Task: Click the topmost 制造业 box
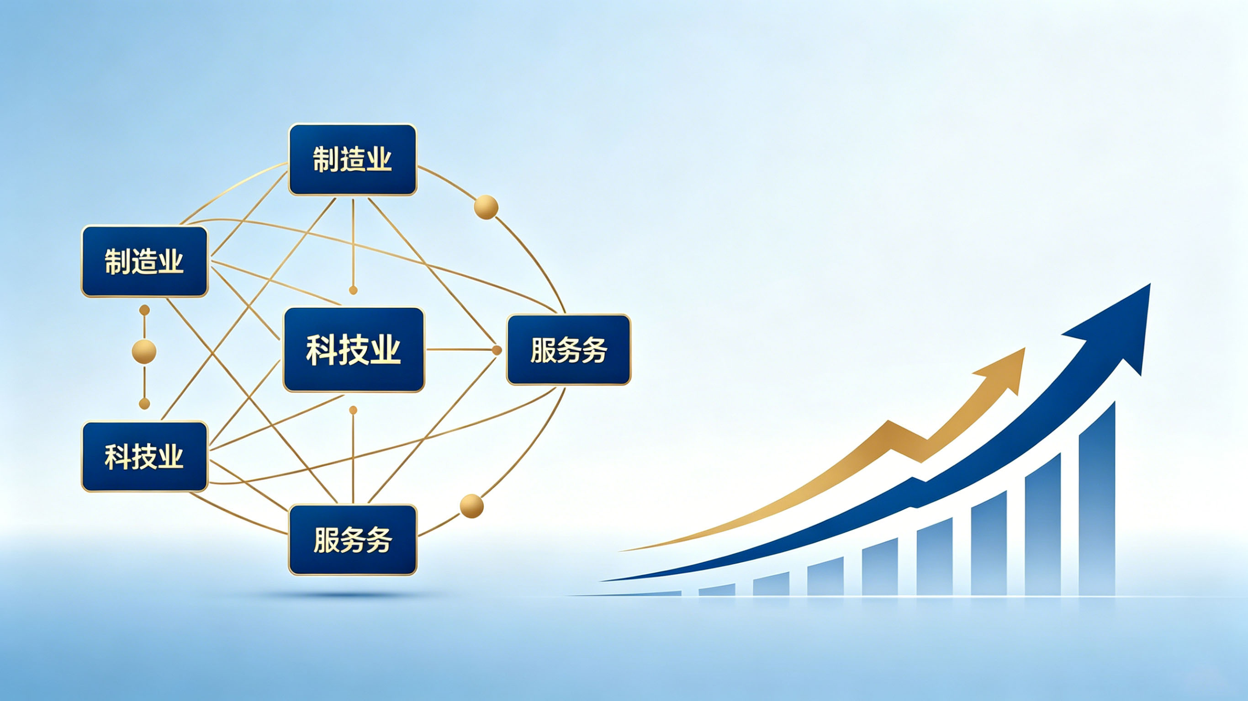[x=353, y=159]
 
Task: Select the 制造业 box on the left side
[x=144, y=261]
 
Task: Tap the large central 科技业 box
[x=354, y=350]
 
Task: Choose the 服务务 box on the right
[x=569, y=350]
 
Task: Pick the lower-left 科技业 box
[x=144, y=456]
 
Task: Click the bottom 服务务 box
[x=353, y=540]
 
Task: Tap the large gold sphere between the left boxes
[x=144, y=351]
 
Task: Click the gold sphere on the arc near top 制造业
[x=486, y=207]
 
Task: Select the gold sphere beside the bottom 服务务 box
[x=471, y=506]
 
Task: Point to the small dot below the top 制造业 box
[x=353, y=290]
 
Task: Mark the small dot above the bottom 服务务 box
[x=353, y=410]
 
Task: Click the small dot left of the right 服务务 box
[x=497, y=350]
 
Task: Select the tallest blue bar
[x=1097, y=499]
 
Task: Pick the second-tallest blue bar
[x=1043, y=524]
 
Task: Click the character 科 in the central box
[x=322, y=350]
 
